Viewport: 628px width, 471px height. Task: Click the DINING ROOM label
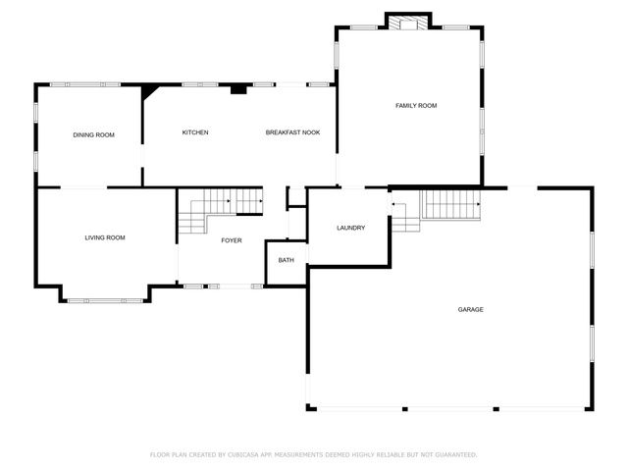coord(93,134)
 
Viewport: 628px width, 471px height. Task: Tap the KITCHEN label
coord(195,132)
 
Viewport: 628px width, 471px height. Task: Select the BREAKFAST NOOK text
coord(292,132)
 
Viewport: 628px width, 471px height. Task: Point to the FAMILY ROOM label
coord(416,105)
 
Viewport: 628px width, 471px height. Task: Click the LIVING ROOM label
coord(104,237)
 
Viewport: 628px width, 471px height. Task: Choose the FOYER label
coord(231,240)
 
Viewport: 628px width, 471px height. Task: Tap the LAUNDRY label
coord(350,228)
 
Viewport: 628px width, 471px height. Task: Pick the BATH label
coord(286,260)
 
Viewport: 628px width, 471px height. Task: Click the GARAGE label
coord(470,309)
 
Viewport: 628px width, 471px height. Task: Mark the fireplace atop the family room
coord(408,22)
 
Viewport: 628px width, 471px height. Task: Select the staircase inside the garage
coord(449,205)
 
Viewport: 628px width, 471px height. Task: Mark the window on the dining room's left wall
coord(36,136)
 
